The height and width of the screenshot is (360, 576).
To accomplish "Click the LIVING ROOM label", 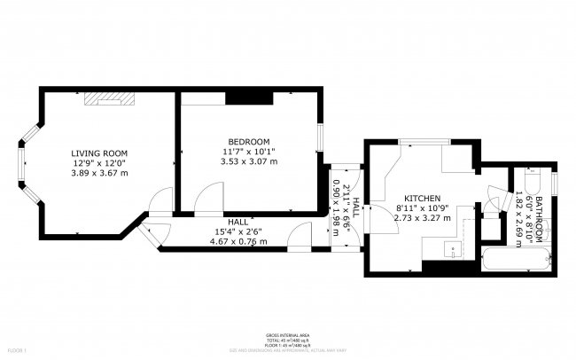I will point(99,153).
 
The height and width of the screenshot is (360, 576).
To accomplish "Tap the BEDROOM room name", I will point(248,142).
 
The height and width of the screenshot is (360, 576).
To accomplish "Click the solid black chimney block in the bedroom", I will point(238,97).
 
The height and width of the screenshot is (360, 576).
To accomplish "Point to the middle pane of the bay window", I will point(20,169).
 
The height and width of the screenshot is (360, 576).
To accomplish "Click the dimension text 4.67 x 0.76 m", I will point(237,241).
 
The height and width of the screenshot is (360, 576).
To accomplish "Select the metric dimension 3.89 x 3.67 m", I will point(99,173).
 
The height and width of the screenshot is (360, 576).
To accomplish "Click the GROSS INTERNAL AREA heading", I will point(288,335).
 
